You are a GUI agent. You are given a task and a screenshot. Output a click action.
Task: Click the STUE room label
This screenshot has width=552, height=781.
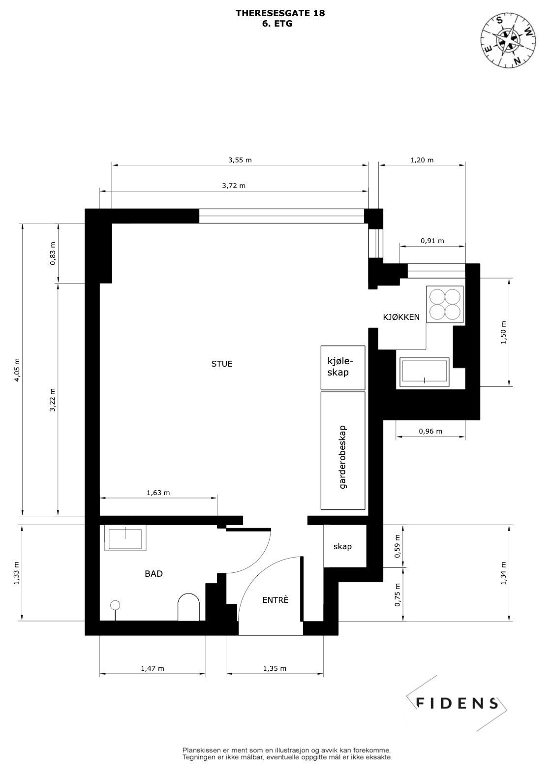(221, 364)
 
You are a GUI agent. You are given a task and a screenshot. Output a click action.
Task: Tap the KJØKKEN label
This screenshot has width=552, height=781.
(401, 317)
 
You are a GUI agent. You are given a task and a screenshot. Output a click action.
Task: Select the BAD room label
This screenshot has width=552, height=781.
(153, 574)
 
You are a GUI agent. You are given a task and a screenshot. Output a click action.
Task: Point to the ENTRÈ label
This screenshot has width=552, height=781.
(275, 600)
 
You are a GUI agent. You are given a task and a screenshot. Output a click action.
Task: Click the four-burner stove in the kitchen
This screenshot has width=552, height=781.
(445, 304)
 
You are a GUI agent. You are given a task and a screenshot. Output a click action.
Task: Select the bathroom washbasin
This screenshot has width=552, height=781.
(125, 539)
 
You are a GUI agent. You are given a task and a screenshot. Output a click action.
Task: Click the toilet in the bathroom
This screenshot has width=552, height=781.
(188, 608)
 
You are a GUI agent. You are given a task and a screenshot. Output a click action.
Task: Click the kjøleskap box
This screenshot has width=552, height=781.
(343, 367)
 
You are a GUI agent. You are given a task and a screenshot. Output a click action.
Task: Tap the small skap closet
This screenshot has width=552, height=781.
(343, 547)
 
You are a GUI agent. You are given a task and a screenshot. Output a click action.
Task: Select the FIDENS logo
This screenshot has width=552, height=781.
(457, 703)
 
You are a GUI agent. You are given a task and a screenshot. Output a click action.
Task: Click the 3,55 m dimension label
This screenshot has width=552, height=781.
(240, 160)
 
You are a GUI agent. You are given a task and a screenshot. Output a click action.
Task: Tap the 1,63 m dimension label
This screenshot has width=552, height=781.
(158, 493)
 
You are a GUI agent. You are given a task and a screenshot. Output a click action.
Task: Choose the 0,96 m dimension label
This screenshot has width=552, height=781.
(430, 432)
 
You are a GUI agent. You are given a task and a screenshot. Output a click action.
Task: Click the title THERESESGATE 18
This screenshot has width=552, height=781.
(280, 13)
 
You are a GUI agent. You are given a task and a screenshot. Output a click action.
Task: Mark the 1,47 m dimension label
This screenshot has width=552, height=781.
(152, 668)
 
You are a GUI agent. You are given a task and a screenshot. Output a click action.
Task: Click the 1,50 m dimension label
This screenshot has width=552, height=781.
(503, 333)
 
